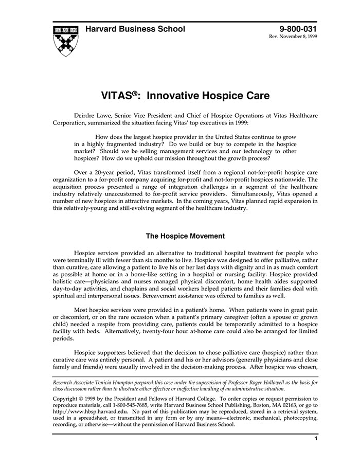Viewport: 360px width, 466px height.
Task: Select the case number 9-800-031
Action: pyautogui.click(x=298, y=29)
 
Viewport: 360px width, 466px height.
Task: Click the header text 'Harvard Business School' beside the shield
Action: pyautogui.click(x=135, y=29)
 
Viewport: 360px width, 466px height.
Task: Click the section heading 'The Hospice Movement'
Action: pyautogui.click(x=185, y=236)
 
